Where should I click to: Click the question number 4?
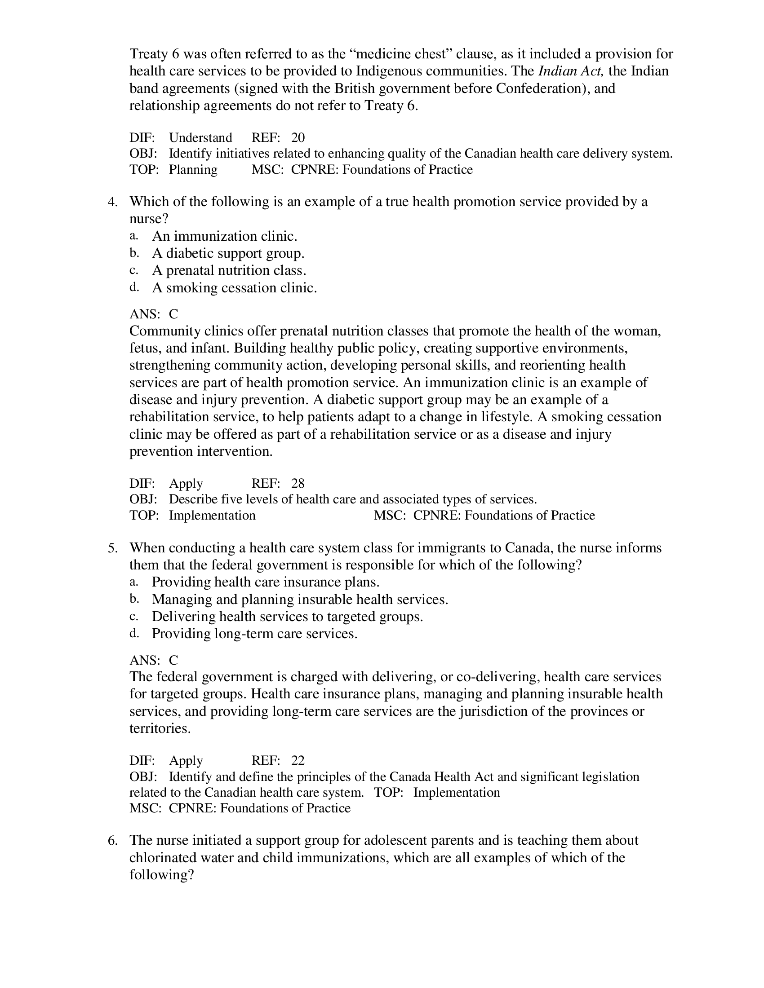112,202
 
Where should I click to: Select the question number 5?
112,548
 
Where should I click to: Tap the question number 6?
112,841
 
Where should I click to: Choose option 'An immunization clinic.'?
225,236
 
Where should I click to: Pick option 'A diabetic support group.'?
228,253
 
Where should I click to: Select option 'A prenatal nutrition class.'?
229,270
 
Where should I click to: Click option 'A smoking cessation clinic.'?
235,288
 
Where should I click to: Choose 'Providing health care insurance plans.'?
265,582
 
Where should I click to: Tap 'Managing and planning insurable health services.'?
300,600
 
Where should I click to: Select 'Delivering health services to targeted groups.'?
287,617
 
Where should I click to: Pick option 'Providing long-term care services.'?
254,634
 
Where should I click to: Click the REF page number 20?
298,137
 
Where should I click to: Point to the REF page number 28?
298,484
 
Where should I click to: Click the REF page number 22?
298,760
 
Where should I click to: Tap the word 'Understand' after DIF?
200,137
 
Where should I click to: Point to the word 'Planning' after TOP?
193,170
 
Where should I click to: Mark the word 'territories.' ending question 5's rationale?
160,728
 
